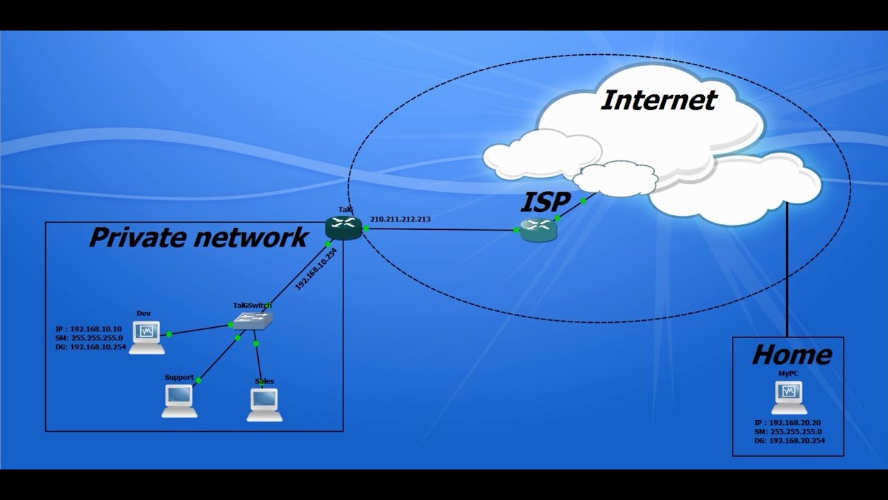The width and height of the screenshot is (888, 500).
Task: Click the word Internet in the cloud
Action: tap(658, 100)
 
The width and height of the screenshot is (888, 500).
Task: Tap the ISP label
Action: tap(545, 202)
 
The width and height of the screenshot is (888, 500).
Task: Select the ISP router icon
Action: tap(538, 229)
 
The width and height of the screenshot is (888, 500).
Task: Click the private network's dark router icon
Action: tap(343, 227)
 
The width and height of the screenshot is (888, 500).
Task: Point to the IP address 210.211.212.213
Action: tap(400, 219)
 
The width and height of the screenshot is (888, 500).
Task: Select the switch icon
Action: tap(253, 319)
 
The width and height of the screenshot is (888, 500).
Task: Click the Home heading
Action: tap(792, 355)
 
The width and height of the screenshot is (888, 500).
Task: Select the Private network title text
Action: tap(198, 237)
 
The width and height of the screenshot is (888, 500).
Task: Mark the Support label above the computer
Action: tap(179, 378)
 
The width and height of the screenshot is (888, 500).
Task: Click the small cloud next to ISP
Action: tap(615, 178)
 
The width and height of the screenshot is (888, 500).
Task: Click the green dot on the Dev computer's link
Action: tap(169, 334)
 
